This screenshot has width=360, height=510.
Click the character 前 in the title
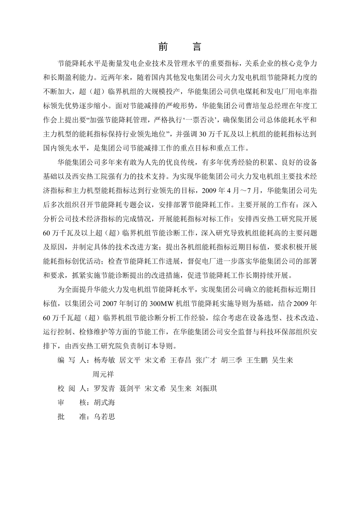click(163, 47)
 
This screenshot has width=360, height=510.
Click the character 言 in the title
click(197, 47)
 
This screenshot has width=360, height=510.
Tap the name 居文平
click(130, 360)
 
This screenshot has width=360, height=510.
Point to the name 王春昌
click(180, 360)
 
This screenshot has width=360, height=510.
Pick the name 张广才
click(206, 360)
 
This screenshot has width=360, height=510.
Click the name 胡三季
click(232, 360)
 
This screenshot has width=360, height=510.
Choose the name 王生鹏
click(257, 360)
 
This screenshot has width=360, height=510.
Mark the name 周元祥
click(103, 374)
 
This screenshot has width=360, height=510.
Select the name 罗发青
click(104, 388)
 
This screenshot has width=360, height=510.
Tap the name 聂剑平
click(130, 388)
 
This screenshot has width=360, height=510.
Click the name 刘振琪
click(206, 388)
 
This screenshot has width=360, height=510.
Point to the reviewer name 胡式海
click(104, 402)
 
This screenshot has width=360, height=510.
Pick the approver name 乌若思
click(104, 417)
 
